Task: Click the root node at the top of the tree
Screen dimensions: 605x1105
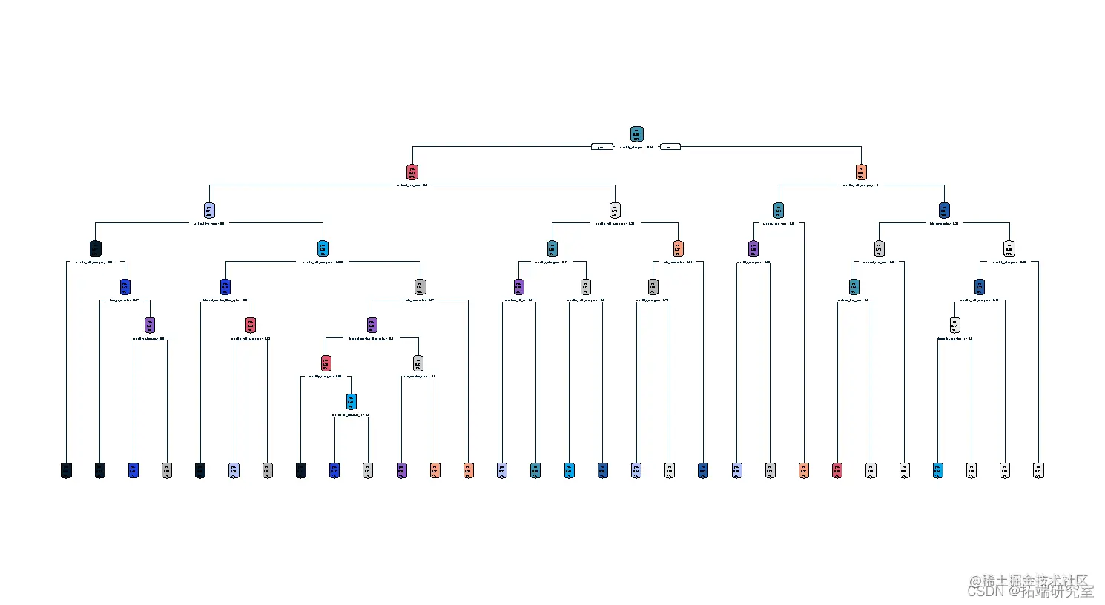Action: (636, 134)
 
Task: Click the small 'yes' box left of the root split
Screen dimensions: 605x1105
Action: (601, 147)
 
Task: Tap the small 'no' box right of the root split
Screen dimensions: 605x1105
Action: (670, 147)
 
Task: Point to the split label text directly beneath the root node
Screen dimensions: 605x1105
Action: (636, 148)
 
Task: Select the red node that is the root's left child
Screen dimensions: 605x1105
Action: (412, 173)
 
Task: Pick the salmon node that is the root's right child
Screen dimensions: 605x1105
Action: (860, 173)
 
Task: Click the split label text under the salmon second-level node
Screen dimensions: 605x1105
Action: (860, 185)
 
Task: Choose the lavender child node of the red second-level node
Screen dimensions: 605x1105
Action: (209, 211)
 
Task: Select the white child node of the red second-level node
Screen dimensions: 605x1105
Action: (615, 211)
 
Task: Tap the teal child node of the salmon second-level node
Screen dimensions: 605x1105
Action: (778, 211)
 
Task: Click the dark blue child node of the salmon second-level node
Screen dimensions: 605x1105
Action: (944, 211)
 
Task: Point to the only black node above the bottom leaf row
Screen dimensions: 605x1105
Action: (95, 248)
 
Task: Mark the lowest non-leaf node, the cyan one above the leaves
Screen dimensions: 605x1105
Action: (352, 402)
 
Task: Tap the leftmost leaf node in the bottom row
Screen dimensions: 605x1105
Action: (66, 470)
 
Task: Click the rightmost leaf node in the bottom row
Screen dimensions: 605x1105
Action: (1038, 470)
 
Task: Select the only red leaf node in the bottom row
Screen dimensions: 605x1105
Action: (837, 470)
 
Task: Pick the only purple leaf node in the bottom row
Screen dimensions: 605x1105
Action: (402, 470)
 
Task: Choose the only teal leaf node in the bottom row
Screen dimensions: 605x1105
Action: (535, 470)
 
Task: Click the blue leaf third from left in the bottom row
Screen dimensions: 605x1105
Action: (133, 470)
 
